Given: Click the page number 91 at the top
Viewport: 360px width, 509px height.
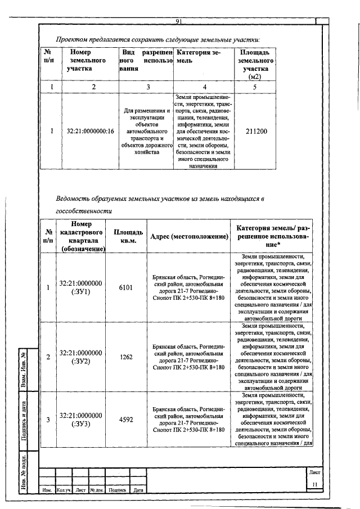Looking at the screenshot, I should coord(177,22).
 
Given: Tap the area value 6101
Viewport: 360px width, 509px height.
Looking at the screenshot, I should coord(126,287).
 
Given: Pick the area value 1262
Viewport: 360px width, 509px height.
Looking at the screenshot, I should coord(126,357).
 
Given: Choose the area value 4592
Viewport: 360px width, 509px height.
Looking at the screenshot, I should coord(126,420).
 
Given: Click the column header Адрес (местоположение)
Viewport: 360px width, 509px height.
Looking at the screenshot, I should coord(189,236).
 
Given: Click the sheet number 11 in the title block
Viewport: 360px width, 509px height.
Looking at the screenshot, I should coord(315,484).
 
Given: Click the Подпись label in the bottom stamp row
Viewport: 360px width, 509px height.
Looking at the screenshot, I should coord(117,490).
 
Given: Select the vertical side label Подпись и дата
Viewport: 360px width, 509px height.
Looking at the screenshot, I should coord(25,419).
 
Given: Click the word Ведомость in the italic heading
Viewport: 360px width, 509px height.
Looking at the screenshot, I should coord(74,199).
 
